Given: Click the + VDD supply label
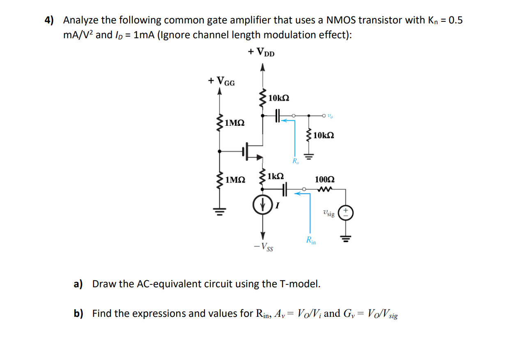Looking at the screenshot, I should [261, 52].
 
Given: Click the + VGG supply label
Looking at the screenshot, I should [222, 81].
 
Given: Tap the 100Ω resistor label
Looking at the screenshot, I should [324, 179].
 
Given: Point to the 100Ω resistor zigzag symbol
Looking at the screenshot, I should [324, 189].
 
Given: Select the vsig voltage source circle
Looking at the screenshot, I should [346, 212].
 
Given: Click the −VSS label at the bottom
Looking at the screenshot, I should [263, 248].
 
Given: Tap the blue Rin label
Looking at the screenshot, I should [311, 240].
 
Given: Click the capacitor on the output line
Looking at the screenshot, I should [277, 116].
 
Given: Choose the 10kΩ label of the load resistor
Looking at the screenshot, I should [323, 135].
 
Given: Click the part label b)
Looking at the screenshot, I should [78, 314].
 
